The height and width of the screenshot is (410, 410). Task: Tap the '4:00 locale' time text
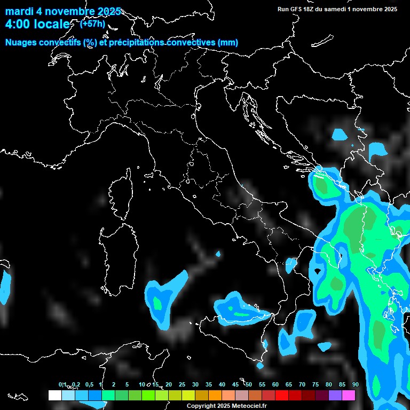click(x=37, y=24)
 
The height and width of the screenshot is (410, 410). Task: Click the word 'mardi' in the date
click(x=20, y=11)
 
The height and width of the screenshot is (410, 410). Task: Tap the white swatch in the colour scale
click(x=54, y=395)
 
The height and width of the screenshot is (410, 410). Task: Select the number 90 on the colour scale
click(x=355, y=384)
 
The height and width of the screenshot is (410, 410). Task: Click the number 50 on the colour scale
click(x=249, y=384)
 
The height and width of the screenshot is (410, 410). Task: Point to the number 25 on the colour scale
click(x=182, y=384)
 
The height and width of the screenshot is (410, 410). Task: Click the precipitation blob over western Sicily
click(x=235, y=307)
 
